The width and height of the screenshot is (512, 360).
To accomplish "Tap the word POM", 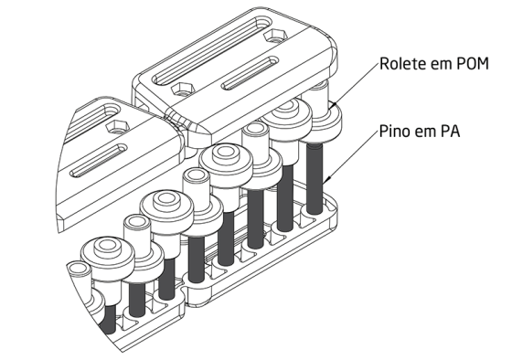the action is pyautogui.click(x=472, y=63).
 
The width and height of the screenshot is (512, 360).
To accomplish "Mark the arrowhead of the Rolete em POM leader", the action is pyautogui.click(x=334, y=104).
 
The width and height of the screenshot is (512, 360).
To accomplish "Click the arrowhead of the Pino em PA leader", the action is pyautogui.click(x=329, y=178).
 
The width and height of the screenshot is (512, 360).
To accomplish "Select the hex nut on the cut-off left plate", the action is pyautogui.click(x=117, y=126).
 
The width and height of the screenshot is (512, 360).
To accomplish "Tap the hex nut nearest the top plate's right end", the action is pyautogui.click(x=276, y=36).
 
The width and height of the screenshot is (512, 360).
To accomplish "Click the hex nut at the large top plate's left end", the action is pyautogui.click(x=182, y=89).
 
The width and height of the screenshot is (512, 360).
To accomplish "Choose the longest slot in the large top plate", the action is pyautogui.click(x=211, y=51).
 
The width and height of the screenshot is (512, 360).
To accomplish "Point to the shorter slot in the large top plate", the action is pyautogui.click(x=251, y=73).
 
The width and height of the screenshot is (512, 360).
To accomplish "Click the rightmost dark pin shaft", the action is pyautogui.click(x=315, y=178).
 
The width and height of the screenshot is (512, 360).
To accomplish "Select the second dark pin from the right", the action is pyautogui.click(x=285, y=196).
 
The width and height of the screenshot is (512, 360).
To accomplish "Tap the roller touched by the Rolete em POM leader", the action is pyautogui.click(x=326, y=118).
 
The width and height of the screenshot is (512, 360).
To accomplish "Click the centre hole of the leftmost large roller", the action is pyautogui.click(x=106, y=246).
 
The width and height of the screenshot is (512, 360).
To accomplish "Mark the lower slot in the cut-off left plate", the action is pyautogui.click(x=99, y=161).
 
